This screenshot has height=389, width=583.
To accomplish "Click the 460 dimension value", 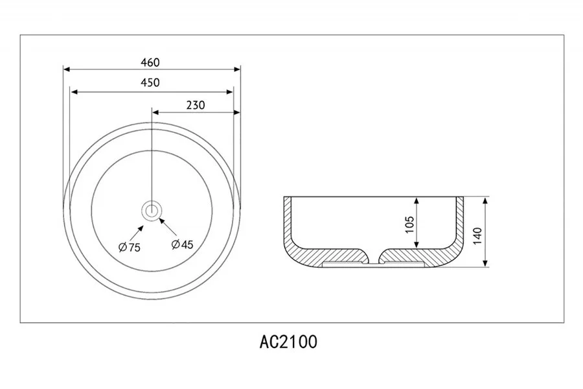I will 150,62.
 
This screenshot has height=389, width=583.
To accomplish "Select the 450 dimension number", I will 150,82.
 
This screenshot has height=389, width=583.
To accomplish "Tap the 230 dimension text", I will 195,105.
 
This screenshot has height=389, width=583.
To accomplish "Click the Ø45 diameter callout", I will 183,244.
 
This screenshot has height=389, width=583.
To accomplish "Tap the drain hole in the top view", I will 152,210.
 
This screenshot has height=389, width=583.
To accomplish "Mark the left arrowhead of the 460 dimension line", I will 66,68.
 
